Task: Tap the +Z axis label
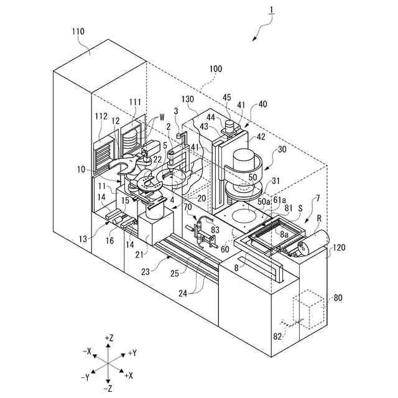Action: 109,337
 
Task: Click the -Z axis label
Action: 108,387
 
